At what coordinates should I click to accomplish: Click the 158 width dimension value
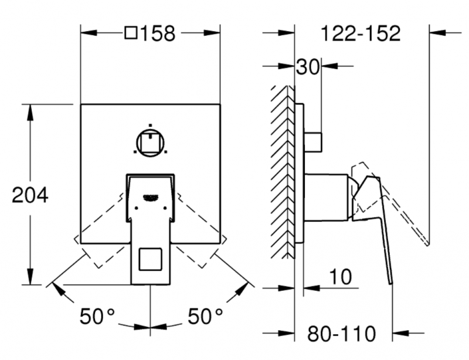click(158, 33)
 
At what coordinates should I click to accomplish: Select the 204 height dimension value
click(30, 195)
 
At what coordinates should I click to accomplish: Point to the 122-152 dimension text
click(361, 33)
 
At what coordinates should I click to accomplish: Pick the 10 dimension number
click(341, 277)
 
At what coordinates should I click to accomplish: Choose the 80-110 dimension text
click(342, 334)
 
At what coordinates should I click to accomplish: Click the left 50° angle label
click(97, 317)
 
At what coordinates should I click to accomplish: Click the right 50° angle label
click(205, 317)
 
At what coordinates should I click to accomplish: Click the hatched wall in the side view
click(283, 170)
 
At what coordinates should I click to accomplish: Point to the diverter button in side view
click(314, 141)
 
